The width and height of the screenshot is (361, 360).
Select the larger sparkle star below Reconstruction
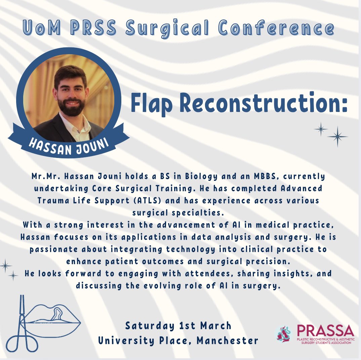coord(337,136)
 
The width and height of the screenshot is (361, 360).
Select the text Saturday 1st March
coord(178,326)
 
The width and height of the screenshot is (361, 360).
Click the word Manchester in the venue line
coord(228,340)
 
